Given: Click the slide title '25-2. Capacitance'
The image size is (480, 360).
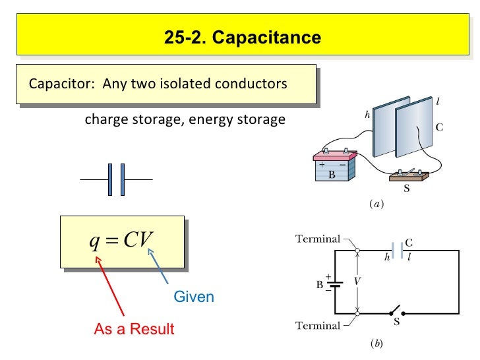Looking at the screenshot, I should click(x=243, y=38).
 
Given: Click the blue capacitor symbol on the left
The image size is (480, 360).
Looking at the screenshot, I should click(x=117, y=179).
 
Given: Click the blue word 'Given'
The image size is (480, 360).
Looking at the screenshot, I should click(x=194, y=297).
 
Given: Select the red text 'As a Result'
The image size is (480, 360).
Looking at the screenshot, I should click(x=135, y=329).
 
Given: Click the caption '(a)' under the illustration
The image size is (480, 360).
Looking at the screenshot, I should click(x=375, y=204).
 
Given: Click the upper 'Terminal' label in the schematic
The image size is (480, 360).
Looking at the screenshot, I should click(x=318, y=239).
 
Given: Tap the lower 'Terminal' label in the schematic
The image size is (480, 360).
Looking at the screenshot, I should click(x=318, y=326).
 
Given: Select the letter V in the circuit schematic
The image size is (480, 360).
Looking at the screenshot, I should click(x=357, y=281).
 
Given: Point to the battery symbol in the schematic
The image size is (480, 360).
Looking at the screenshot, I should click(x=336, y=285).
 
